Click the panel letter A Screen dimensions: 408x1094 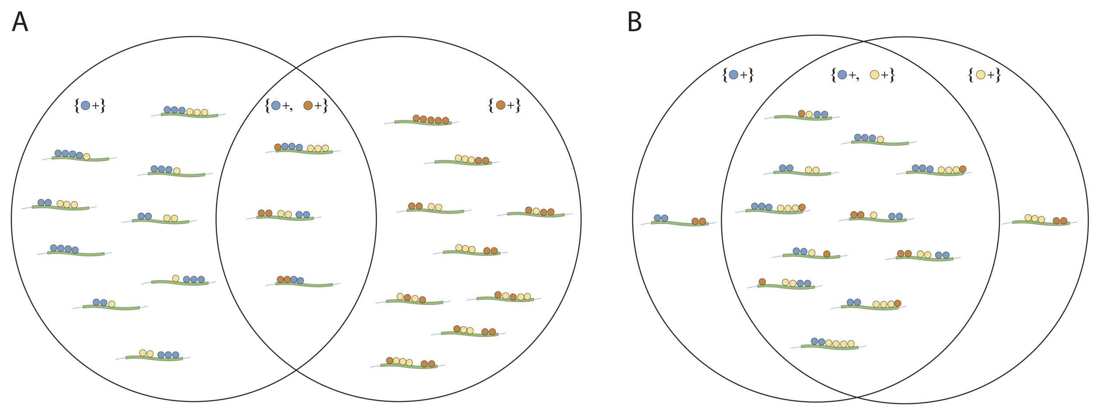pos(20,22)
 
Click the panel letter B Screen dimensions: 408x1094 pos(635,22)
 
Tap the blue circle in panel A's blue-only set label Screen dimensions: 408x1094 pos(85,106)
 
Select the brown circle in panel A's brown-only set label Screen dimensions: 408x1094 pos(501,105)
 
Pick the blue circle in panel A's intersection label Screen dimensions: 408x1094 pos(276,106)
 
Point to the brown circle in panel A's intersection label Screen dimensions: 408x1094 pos(308,106)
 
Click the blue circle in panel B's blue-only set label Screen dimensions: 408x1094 pos(734,75)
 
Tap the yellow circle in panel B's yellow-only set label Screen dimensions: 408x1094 pos(981,75)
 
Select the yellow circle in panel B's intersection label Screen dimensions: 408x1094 pos(875,75)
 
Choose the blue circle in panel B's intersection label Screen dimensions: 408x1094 pos(842,75)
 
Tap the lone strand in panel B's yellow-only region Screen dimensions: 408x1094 pos(1041,222)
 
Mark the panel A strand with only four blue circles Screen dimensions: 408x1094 pos(76,253)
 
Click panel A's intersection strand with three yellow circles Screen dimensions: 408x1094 pos(304,151)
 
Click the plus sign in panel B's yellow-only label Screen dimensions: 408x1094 pos(991,75)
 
